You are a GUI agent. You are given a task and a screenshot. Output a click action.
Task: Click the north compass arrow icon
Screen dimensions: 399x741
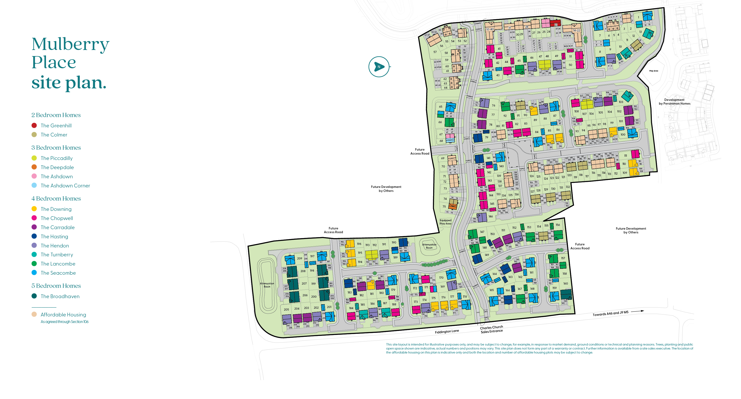point(379,67)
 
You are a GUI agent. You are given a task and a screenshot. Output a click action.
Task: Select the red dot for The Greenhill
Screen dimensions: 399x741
point(34,125)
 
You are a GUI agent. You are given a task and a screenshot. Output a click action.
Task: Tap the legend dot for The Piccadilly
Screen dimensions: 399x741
point(34,158)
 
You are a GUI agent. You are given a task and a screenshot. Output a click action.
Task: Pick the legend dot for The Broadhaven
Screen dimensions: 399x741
point(34,296)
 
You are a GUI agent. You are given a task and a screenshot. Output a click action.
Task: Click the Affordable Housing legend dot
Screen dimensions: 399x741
point(34,314)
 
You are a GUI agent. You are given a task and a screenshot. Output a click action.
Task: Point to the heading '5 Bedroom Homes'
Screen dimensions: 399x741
point(56,285)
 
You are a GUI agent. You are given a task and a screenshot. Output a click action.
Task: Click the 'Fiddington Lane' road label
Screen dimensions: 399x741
point(447,331)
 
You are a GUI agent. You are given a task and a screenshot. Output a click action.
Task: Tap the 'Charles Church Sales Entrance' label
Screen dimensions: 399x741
point(492,329)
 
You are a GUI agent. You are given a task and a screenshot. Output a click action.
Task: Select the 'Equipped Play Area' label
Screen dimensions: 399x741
point(445,222)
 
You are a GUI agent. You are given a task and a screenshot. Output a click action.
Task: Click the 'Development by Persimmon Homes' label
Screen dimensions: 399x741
point(674,102)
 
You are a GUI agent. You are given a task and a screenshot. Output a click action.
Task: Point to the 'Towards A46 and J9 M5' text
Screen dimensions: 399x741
point(610,313)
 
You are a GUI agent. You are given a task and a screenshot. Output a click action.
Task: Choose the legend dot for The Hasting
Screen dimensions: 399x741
point(34,236)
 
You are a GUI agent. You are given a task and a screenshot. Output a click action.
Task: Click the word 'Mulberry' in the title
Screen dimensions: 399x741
point(70,44)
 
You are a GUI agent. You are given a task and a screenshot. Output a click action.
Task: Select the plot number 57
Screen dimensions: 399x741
point(435,52)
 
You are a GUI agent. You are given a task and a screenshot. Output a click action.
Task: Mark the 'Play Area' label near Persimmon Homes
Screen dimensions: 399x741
point(653,71)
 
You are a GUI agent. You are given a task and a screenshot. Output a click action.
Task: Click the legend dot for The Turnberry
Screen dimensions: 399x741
point(34,254)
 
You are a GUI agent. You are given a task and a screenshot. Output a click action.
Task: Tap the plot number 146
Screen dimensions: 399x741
point(491,217)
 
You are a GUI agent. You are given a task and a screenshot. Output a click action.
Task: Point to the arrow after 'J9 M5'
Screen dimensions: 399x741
point(638,311)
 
